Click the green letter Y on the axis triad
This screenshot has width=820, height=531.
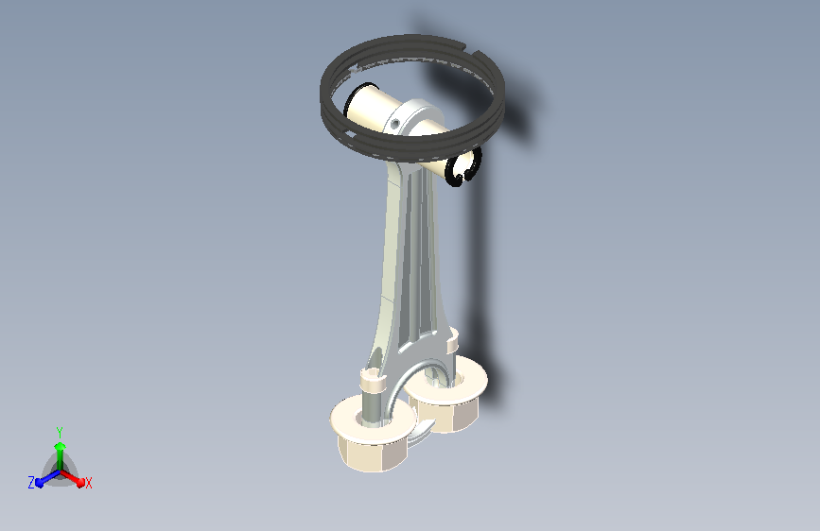(60, 433)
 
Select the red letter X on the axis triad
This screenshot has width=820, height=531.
(88, 483)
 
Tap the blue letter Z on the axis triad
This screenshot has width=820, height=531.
(31, 483)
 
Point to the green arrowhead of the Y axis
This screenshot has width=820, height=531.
(61, 446)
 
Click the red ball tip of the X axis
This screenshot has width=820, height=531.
(80, 483)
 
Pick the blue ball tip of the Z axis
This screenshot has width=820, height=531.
(40, 483)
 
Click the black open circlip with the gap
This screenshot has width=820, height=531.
(462, 168)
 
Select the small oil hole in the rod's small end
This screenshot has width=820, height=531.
(395, 124)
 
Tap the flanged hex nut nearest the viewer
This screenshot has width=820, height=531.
(373, 435)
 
